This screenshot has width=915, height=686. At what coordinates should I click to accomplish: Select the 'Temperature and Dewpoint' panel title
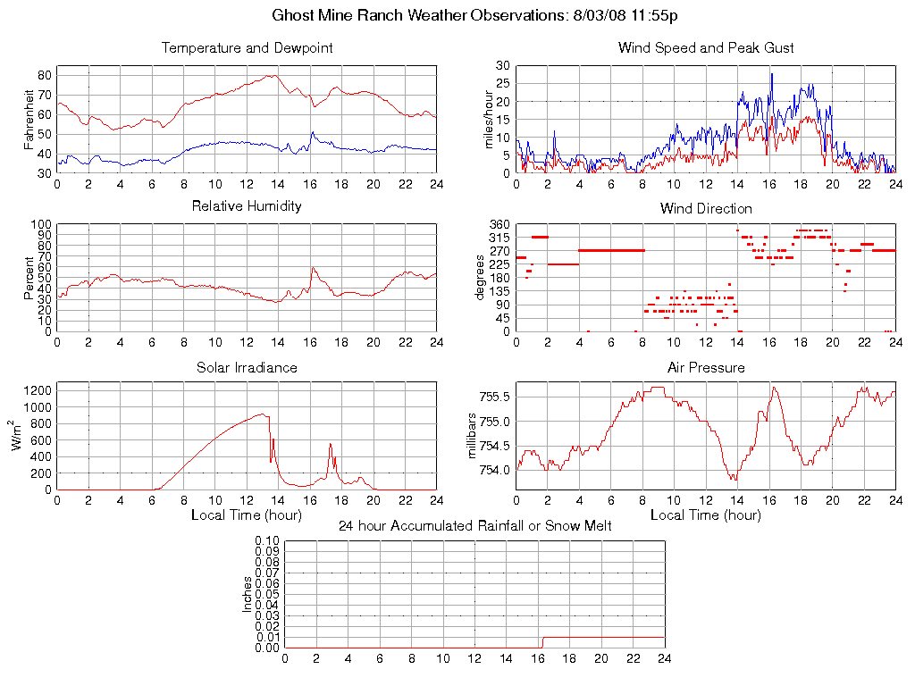click(247, 48)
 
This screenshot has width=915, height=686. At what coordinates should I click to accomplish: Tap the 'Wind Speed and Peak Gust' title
click(706, 48)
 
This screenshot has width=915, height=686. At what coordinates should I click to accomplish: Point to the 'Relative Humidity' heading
click(247, 206)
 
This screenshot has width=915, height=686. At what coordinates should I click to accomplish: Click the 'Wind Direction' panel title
click(706, 209)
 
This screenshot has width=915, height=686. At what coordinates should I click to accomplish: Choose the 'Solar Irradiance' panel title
click(247, 367)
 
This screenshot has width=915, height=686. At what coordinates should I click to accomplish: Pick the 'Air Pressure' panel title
click(706, 367)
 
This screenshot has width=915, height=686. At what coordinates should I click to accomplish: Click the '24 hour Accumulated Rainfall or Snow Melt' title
click(474, 526)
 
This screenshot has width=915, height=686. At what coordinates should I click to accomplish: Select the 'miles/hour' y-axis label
click(488, 119)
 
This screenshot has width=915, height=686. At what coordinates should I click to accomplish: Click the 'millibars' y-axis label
click(474, 436)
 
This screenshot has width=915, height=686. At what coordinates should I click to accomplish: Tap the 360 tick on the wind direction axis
click(499, 224)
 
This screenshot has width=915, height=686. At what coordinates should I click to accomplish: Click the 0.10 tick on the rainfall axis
click(267, 541)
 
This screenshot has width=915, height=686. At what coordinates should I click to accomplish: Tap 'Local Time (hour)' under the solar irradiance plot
click(247, 514)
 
